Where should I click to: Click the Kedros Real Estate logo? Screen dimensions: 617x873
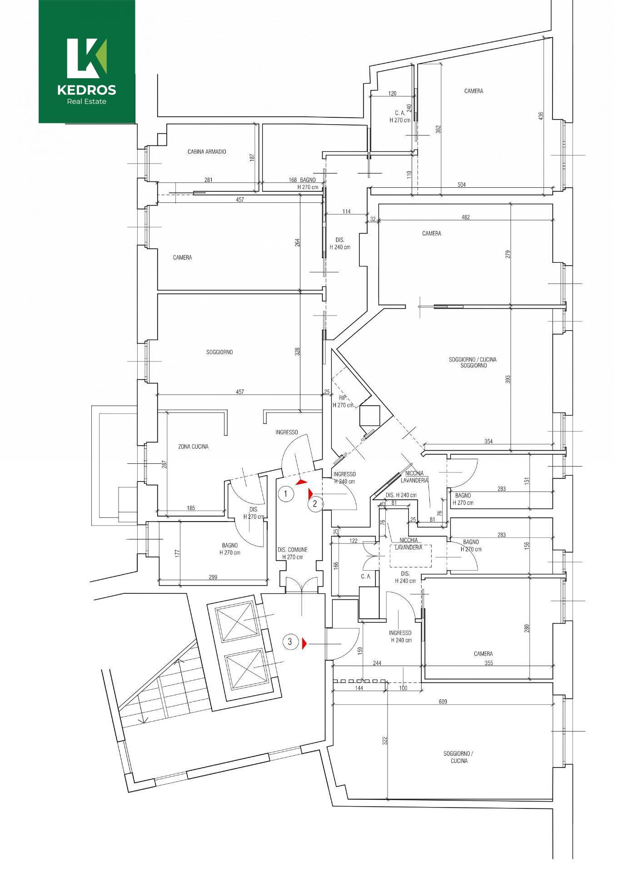pyautogui.click(x=87, y=61)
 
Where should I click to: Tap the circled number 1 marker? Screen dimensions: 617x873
pyautogui.click(x=286, y=493)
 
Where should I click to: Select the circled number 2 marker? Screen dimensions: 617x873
pyautogui.click(x=315, y=504)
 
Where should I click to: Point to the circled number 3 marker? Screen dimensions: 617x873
pyautogui.click(x=290, y=642)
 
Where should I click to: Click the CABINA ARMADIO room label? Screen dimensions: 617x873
pyautogui.click(x=207, y=152)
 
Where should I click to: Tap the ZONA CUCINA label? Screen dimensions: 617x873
pyautogui.click(x=194, y=447)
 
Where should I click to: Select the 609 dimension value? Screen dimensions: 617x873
pyautogui.click(x=443, y=701)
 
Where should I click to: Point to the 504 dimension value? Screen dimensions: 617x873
pyautogui.click(x=462, y=185)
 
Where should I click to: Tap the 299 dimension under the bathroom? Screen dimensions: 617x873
pyautogui.click(x=213, y=577)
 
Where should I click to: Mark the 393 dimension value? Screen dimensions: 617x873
pyautogui.click(x=508, y=380)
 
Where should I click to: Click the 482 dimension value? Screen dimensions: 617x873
pyautogui.click(x=465, y=217)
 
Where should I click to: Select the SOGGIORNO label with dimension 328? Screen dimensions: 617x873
pyautogui.click(x=219, y=352)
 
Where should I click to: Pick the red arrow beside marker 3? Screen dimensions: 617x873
pyautogui.click(x=305, y=643)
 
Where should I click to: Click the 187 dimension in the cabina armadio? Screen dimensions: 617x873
pyautogui.click(x=252, y=157)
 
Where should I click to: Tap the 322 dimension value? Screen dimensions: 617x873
pyautogui.click(x=385, y=740)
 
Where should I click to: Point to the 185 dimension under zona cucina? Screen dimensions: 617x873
pyautogui.click(x=191, y=508)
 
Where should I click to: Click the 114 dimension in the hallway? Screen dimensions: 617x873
pyautogui.click(x=347, y=211)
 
